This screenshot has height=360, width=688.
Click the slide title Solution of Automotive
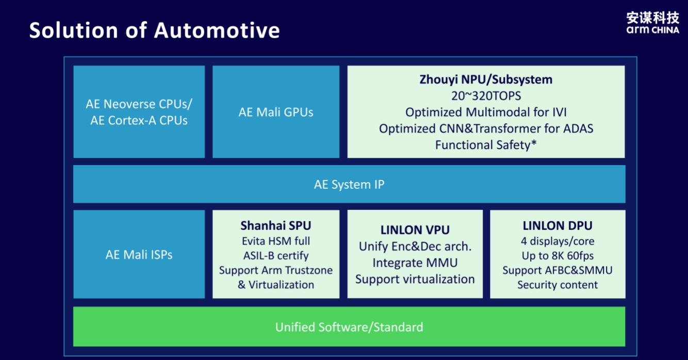pyautogui.click(x=154, y=30)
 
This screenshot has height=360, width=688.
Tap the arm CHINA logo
pyautogui.click(x=652, y=23)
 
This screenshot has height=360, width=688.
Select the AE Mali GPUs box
pyautogui.click(x=276, y=112)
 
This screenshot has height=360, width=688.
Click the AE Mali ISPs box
pyautogui.click(x=139, y=254)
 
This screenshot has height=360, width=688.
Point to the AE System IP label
pyautogui.click(x=349, y=184)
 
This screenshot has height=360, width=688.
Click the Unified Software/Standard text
pyautogui.click(x=349, y=326)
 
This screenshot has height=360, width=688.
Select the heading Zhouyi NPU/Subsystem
pyautogui.click(x=486, y=79)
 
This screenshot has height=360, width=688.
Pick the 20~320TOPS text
pyautogui.click(x=486, y=96)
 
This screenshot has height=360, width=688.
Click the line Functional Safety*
pyautogui.click(x=486, y=145)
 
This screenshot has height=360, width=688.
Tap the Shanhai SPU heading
pyautogui.click(x=276, y=225)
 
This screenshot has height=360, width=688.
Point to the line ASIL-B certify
pyautogui.click(x=276, y=255)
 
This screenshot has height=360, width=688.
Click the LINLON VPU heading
pyautogui.click(x=415, y=230)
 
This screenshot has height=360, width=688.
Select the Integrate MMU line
pyautogui.click(x=415, y=263)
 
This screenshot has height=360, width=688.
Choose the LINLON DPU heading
pyautogui.click(x=558, y=225)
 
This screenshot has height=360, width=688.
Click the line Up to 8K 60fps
pyautogui.click(x=558, y=255)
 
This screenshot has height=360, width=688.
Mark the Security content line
pyautogui.click(x=558, y=285)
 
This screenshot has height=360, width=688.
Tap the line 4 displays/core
pyautogui.click(x=558, y=241)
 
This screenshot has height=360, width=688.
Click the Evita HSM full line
pyautogui.click(x=276, y=241)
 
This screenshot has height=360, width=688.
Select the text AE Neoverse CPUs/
pyautogui.click(x=139, y=104)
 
